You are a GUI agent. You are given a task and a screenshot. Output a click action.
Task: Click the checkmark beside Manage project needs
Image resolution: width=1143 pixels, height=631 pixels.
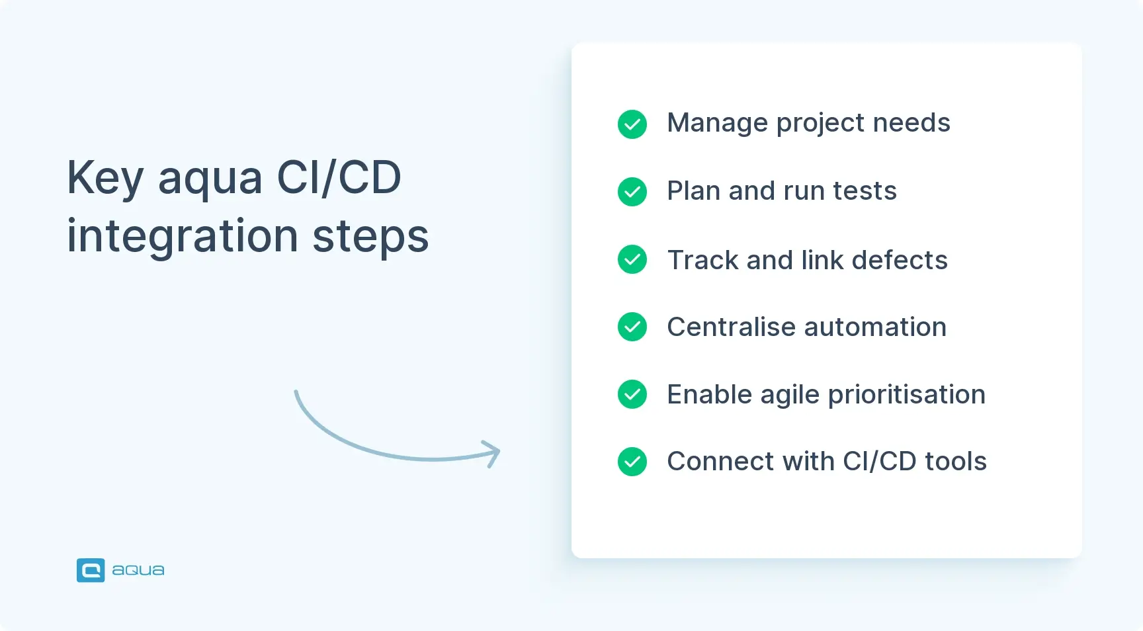[632, 124]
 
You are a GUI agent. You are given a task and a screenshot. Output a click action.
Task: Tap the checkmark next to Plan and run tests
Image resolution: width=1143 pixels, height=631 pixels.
[632, 192]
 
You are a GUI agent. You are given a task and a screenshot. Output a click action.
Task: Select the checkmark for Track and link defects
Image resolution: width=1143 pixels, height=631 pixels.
[632, 259]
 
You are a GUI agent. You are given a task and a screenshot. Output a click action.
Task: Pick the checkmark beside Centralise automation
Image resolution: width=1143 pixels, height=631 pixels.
[632, 327]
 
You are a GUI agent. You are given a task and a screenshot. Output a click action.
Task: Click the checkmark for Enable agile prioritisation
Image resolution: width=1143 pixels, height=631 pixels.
[632, 394]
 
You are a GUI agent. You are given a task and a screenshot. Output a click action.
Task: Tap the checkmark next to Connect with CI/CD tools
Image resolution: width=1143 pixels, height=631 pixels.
[632, 462]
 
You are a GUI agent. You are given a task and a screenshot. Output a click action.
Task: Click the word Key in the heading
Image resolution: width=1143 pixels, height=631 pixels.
[105, 179]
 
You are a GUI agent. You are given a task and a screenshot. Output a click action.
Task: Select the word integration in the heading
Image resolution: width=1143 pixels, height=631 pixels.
[183, 237]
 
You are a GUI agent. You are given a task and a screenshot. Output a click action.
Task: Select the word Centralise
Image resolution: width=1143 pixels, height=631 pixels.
[731, 327]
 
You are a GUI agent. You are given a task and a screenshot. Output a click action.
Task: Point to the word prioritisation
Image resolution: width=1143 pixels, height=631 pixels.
[906, 396]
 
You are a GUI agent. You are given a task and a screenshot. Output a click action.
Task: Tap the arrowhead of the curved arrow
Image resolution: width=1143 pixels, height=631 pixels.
[493, 453]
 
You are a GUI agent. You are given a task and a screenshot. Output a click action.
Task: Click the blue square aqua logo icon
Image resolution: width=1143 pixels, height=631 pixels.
[91, 570]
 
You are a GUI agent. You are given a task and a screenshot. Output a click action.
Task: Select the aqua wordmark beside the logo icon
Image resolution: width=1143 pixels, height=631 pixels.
[138, 570]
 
